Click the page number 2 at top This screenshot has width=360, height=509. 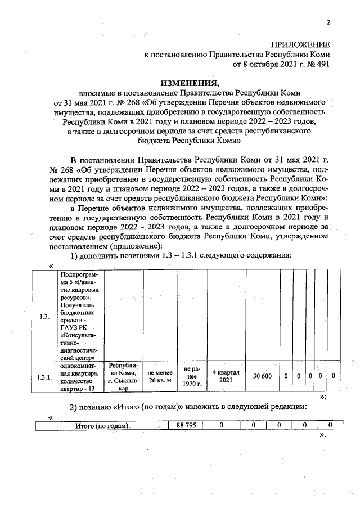click(x=328, y=23)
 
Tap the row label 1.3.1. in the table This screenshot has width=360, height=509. click(x=46, y=377)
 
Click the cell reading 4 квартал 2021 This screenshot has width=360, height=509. click(x=226, y=376)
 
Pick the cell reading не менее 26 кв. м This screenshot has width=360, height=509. click(x=160, y=376)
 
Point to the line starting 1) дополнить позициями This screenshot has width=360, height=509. click(x=180, y=255)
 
